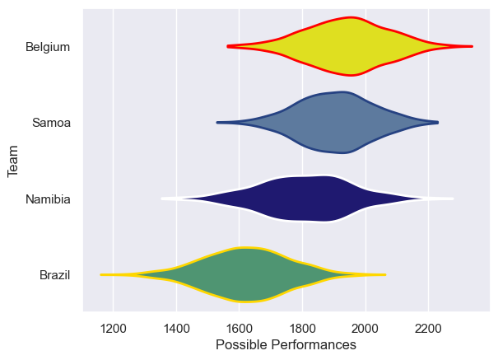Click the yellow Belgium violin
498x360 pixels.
[x=350, y=46]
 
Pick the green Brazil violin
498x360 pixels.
[x=247, y=274]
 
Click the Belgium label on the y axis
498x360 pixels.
[x=48, y=47]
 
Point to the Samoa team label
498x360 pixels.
[x=51, y=123]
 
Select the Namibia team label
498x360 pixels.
[x=48, y=199]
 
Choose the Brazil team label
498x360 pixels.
[x=54, y=275]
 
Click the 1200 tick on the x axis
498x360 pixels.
[x=114, y=326]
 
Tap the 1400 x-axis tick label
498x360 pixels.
[x=176, y=326]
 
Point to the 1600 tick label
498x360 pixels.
[x=240, y=326]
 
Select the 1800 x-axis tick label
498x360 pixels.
[x=302, y=326]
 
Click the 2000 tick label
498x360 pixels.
[x=365, y=326]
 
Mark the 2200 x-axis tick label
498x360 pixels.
[x=428, y=326]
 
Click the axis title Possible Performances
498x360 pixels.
[x=286, y=344]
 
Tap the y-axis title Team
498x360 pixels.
[x=13, y=161]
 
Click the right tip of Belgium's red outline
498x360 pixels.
[x=472, y=46]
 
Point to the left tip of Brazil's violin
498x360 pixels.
[x=101, y=274]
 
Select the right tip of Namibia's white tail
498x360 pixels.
[x=453, y=199]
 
